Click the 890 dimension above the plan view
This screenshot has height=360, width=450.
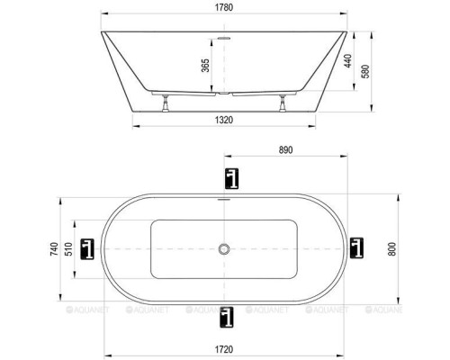tap(286, 149)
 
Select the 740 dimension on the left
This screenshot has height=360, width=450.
tap(57, 247)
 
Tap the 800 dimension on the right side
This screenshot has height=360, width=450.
tap(391, 248)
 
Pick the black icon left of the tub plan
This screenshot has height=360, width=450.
tap(88, 247)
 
